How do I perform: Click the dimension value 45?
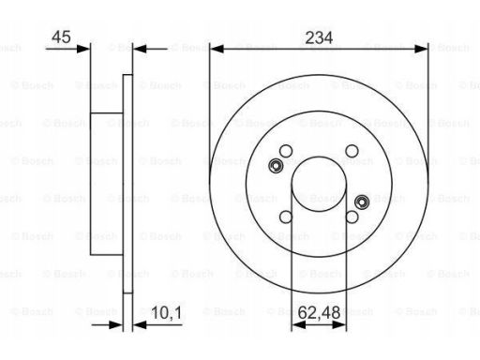click(x=61, y=37)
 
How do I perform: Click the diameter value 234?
click(x=319, y=37)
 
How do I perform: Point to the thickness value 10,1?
click(x=167, y=313)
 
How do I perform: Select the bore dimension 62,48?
click(x=319, y=312)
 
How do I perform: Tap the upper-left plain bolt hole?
click(x=286, y=151)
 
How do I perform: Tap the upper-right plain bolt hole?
click(x=352, y=151)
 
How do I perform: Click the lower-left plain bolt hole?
click(x=286, y=217)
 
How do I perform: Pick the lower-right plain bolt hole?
click(x=352, y=217)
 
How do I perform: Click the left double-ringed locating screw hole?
click(x=276, y=166)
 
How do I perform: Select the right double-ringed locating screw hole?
click(x=362, y=202)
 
